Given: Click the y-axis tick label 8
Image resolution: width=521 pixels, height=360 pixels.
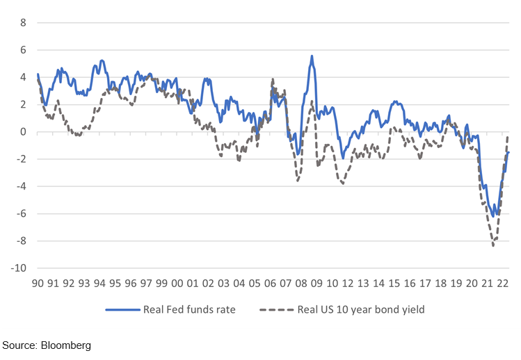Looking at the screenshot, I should click(x=22, y=22).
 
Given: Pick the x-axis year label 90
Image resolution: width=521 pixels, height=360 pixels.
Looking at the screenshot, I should click(x=38, y=284).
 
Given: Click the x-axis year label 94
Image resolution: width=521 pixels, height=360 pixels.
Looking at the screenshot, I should click(x=99, y=284).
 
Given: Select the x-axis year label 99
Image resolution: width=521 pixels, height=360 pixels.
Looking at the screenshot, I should click(x=161, y=284).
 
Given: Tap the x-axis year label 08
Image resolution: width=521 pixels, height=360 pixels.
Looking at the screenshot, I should click(x=300, y=284).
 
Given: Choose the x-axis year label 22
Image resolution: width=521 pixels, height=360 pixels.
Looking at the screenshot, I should click(x=502, y=284).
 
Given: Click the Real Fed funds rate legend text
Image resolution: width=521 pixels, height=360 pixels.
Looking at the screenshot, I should click(x=189, y=310).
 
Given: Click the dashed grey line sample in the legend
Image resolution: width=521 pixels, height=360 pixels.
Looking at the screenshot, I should click(x=275, y=310).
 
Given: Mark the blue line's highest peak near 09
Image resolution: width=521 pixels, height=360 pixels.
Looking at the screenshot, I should click(x=312, y=56).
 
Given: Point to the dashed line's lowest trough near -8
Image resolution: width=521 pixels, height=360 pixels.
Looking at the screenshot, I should click(x=493, y=245).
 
